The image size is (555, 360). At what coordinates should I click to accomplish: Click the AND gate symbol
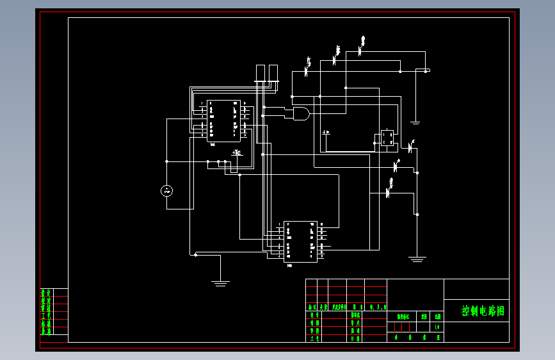coord(298,115)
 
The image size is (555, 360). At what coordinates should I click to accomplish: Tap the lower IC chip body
coord(300,241)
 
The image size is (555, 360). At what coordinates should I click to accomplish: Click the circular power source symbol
coord(166,190)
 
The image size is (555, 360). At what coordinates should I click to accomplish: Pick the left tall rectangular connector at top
coord(261,74)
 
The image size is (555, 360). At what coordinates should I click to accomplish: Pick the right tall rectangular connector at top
coord(273,74)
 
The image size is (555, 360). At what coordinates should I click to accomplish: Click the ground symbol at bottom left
coord(220,281)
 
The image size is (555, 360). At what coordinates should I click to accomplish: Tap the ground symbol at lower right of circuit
coord(417,259)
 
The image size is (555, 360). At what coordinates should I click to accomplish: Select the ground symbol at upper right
coord(415,122)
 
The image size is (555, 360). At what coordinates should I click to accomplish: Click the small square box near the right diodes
coord(387,138)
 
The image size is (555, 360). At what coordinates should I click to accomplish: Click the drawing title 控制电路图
coord(483,311)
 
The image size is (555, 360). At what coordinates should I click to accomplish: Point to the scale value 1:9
coord(437,327)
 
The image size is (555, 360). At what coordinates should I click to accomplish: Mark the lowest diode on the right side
coord(389,191)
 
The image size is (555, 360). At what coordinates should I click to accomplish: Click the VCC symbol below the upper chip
coord(237,152)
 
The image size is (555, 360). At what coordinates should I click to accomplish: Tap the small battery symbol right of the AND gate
coord(326,133)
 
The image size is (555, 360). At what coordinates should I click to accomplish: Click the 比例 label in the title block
coord(437,316)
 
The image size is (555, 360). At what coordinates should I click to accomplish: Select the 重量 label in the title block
coord(423,316)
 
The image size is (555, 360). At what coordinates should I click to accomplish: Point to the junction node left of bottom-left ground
coord(195,254)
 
